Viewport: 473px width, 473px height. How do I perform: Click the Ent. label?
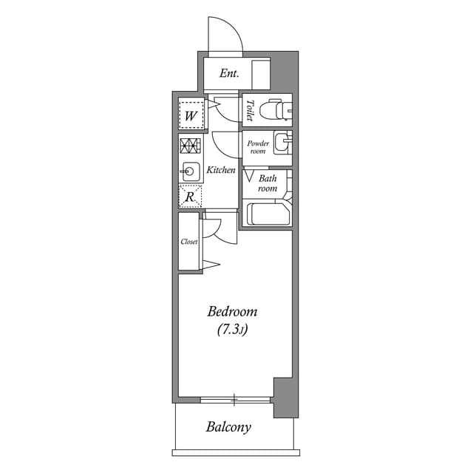(228, 74)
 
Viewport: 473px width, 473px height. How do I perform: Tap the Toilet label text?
(251, 110)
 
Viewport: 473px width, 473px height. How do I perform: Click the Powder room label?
(256, 146)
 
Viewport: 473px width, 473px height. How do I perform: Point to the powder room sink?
(282, 141)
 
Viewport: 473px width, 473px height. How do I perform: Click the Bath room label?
(268, 183)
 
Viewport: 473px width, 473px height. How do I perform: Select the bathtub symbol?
(268, 214)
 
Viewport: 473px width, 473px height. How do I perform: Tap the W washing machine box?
(191, 115)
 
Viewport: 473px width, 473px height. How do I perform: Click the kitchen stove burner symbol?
(191, 145)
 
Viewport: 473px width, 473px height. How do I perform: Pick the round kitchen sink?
(190, 171)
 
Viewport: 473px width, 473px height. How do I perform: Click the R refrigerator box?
(190, 197)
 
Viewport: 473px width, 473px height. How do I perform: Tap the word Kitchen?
(220, 170)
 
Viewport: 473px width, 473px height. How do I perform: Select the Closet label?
(189, 242)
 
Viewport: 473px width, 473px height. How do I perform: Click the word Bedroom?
(232, 311)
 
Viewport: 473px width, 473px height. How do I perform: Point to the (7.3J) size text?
(232, 330)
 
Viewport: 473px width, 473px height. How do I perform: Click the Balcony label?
(228, 427)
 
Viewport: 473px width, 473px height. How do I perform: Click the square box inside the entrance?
(261, 75)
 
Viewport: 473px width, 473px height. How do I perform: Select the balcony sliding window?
(235, 400)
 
